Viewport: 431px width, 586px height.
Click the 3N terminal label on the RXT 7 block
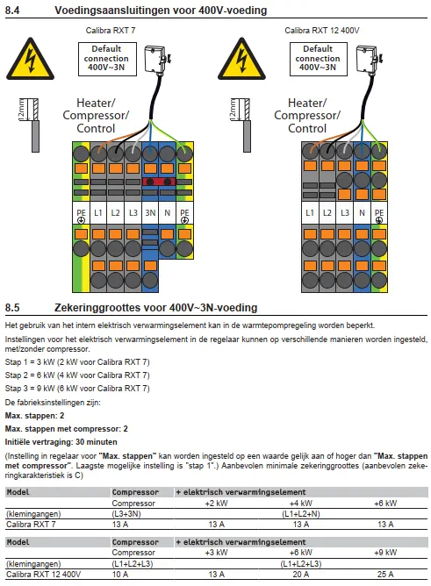150,212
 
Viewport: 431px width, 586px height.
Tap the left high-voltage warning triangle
30,59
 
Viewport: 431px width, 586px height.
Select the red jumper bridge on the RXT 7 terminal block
159,182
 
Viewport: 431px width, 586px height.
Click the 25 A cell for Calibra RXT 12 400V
385,574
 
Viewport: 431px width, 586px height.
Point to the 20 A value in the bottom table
301,574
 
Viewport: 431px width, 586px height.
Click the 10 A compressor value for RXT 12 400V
120,574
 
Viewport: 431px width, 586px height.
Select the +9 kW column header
385,553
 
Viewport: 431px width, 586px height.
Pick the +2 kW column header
217,503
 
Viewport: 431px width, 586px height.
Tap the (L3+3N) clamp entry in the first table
126,514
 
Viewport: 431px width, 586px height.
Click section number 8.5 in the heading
12,308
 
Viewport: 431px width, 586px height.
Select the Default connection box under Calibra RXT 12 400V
318,59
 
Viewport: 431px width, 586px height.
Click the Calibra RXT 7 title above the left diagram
111,31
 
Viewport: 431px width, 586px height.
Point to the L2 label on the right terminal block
327,212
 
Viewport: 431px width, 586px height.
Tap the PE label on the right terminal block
379,215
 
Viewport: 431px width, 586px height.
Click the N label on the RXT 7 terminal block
167,212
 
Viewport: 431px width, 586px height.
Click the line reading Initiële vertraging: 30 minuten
61,442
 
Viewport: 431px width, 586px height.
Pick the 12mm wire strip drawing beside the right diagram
241,125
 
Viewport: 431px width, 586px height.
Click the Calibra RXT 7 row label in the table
31,525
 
